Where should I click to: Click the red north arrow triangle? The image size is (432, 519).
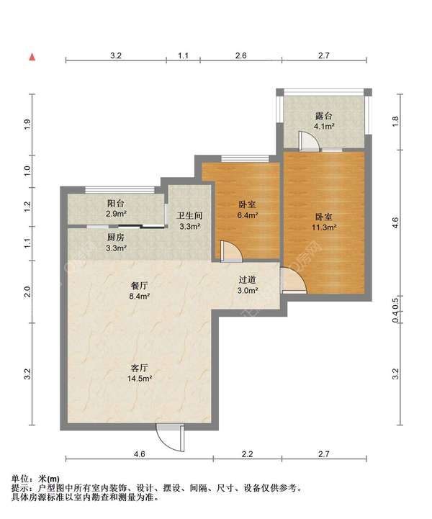[x=32, y=57]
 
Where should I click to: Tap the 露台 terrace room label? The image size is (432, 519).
[x=323, y=116]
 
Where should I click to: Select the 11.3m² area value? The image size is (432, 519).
[x=324, y=227]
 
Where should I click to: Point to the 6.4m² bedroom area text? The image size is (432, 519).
[x=247, y=215]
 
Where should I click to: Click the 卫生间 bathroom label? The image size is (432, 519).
[x=189, y=216]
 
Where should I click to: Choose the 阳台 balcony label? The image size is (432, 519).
[x=115, y=203]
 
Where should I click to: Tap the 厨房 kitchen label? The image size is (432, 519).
[x=115, y=238]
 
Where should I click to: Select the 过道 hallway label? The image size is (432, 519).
[x=247, y=280]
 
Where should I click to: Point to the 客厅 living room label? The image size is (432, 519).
[x=140, y=368]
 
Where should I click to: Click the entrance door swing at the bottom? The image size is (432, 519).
[x=171, y=438]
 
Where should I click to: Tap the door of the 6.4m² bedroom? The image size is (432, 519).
[x=231, y=251]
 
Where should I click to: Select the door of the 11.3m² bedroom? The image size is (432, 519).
[x=294, y=281]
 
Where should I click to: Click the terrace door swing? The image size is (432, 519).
[x=309, y=142]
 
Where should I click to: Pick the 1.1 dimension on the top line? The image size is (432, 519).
[x=183, y=55]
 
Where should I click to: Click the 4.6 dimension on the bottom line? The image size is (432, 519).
[x=140, y=453]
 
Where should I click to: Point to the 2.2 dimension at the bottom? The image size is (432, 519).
[x=247, y=453]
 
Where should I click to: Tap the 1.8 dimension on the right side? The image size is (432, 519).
[x=395, y=122]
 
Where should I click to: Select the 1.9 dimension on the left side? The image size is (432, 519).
[x=27, y=124]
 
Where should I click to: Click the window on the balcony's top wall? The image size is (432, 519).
[x=120, y=189]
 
